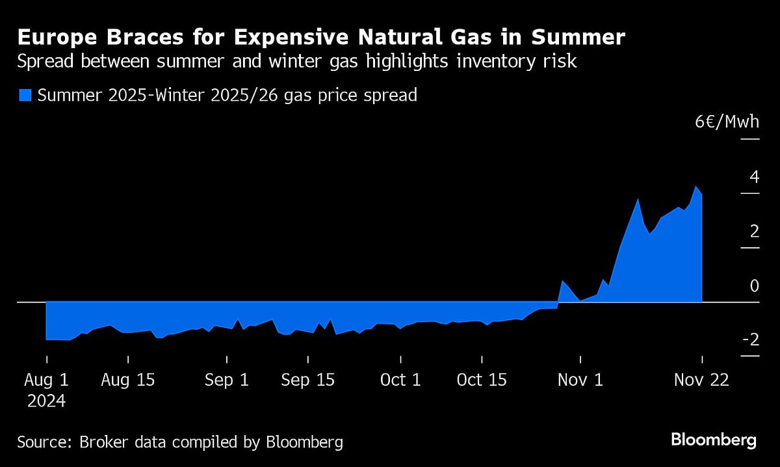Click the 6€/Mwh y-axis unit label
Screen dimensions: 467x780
(x=727, y=122)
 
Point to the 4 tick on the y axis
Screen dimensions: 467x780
(x=754, y=177)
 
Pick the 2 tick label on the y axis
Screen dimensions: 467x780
(x=754, y=232)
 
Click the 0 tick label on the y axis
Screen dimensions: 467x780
(x=754, y=286)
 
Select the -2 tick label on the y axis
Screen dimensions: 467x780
(x=750, y=340)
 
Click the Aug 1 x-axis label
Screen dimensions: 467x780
(x=46, y=380)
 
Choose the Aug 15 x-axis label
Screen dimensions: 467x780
(x=128, y=380)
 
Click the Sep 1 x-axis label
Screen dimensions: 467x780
(x=227, y=380)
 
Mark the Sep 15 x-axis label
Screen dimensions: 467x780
(x=308, y=380)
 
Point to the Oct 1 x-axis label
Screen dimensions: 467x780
(x=401, y=380)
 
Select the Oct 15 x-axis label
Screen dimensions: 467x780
(x=482, y=380)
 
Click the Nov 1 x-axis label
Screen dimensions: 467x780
(x=580, y=380)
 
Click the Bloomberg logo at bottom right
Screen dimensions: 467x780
(x=714, y=440)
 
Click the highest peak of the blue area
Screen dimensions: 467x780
(x=696, y=187)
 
